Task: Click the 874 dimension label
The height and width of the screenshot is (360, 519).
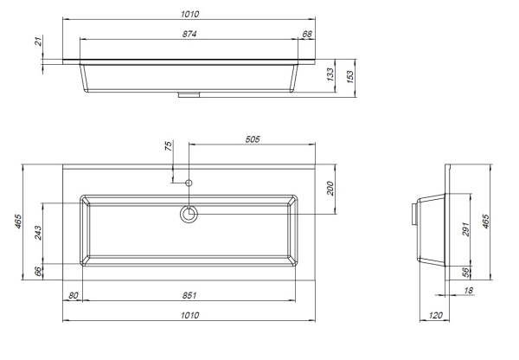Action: pos(189,34)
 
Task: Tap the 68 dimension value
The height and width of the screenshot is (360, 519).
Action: pos(307,34)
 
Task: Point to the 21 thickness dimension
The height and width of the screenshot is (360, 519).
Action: pos(39,42)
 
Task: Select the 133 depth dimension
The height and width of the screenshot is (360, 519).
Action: pos(330,74)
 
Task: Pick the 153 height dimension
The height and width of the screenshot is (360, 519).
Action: pos(349,77)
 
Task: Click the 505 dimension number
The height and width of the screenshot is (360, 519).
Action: pos(253,139)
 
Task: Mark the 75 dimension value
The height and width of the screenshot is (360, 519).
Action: pos(169,146)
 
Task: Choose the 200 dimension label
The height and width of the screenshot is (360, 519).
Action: pos(330,189)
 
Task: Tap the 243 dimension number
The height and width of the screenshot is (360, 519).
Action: pos(38,233)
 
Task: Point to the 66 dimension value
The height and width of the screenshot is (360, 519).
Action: pos(38,272)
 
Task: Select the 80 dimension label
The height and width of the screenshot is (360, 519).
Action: pos(73,295)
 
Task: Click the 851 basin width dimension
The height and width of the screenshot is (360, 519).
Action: pos(189,295)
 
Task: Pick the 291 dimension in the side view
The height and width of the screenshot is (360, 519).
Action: pos(465,229)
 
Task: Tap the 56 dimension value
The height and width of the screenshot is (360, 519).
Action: pos(465,273)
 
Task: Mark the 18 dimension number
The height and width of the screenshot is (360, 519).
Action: pos(468,291)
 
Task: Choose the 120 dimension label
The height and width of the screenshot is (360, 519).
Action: pos(435,315)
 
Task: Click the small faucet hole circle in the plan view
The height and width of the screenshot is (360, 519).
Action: pos(189,183)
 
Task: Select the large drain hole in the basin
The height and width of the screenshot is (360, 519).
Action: pos(189,214)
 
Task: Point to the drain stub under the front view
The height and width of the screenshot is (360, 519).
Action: pos(189,94)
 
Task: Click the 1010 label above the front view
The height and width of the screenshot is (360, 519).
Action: pos(190,14)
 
